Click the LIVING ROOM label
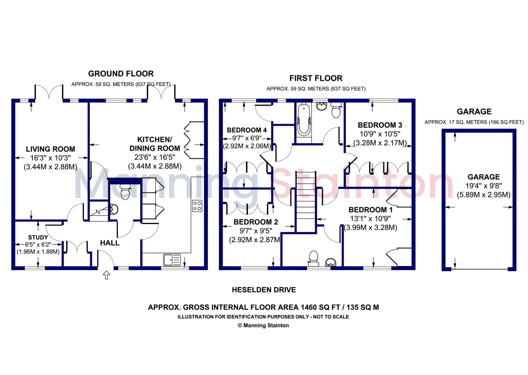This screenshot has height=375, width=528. (x=51, y=149)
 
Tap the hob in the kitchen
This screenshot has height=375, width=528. (x=197, y=206)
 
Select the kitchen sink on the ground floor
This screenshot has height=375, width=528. (x=172, y=260)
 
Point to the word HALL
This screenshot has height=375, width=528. (x=110, y=243)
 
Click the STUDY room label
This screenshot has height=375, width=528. (x=38, y=237)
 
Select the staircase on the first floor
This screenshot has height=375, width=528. (x=306, y=201)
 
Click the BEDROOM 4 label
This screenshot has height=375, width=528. (x=247, y=130)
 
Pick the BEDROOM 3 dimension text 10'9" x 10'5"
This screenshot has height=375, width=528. (x=380, y=134)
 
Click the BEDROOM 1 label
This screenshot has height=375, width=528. (x=370, y=210)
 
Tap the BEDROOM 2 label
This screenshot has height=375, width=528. (x=256, y=222)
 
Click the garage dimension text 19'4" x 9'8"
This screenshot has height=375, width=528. (x=483, y=186)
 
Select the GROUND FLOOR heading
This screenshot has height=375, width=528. (x=121, y=74)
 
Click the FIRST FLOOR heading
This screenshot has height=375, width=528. (x=316, y=78)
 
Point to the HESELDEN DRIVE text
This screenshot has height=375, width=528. (x=264, y=290)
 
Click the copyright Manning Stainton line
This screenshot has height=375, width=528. (x=263, y=325)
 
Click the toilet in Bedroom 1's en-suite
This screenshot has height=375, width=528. (x=313, y=259)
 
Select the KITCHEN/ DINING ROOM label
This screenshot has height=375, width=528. (x=155, y=144)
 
